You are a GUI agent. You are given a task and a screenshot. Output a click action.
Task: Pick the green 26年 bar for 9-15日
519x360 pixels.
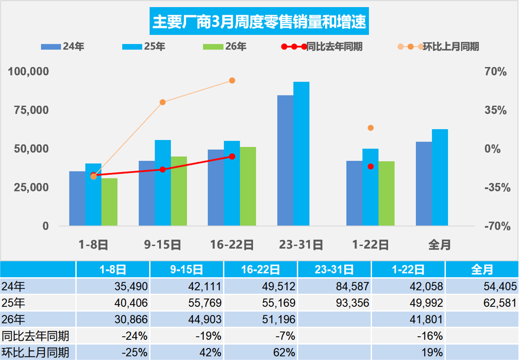coord(178,191)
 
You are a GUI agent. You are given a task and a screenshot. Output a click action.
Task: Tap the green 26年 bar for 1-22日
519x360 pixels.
coord(386,193)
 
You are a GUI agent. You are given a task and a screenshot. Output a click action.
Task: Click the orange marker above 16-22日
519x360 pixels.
coord(232,80)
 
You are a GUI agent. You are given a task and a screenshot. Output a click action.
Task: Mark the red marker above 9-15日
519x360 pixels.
coord(163,169)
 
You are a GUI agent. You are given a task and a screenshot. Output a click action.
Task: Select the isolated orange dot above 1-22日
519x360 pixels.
coord(371,128)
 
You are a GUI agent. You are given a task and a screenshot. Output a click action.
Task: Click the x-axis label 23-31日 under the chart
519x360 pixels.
coord(301,245)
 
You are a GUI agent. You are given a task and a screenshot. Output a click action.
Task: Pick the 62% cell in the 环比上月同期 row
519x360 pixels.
coord(261,352)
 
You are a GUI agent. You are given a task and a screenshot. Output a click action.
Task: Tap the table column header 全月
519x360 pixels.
coord(482,270)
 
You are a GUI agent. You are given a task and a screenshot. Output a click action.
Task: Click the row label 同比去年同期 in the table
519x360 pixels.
coord(36,336)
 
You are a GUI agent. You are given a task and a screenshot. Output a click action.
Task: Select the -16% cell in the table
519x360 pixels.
coord(408,336)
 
